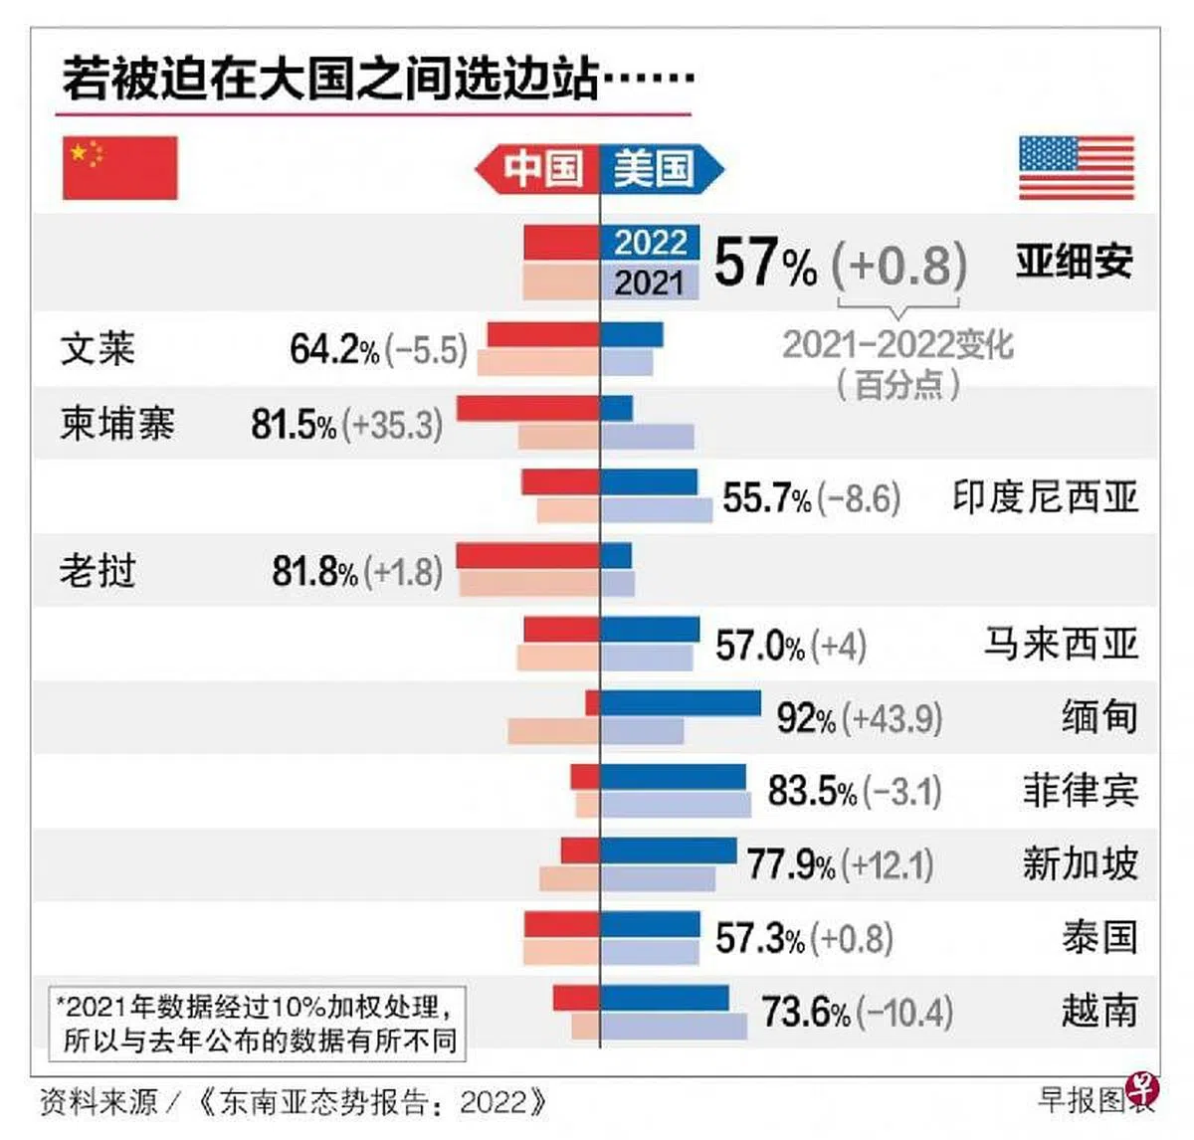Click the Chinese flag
[120, 167]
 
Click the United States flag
[1077, 167]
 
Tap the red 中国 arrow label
[537, 169]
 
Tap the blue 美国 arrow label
[662, 169]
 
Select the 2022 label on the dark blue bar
[651, 243]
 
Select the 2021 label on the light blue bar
[649, 283]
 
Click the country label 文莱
[98, 348]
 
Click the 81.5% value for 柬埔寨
[294, 424]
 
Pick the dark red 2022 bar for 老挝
[528, 556]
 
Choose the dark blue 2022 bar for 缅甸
[681, 703]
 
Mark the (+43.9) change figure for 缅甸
[893, 718]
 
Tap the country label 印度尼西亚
[1045, 496]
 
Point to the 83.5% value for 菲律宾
[811, 791]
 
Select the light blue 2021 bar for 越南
[674, 1027]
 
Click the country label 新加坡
[1081, 863]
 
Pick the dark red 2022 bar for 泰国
[562, 924]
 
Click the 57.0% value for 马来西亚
[760, 646]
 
